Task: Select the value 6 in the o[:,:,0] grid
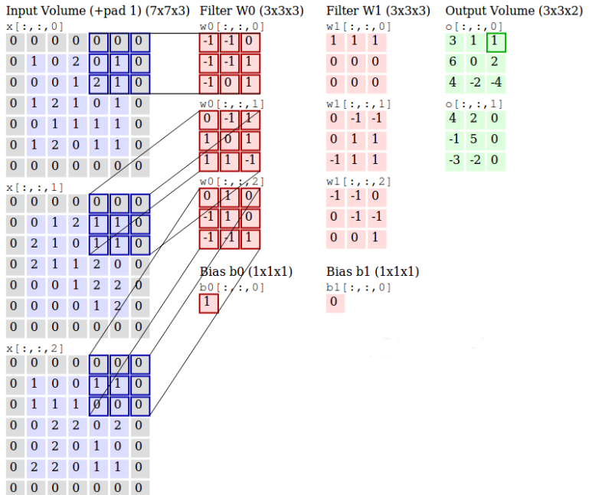point(453,62)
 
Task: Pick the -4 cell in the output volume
point(496,82)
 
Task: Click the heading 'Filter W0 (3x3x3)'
point(251,11)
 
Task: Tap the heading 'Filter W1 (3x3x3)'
point(378,11)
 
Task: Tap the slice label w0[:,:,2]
point(231,181)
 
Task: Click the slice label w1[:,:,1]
point(358,103)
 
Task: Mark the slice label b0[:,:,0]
point(231,287)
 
